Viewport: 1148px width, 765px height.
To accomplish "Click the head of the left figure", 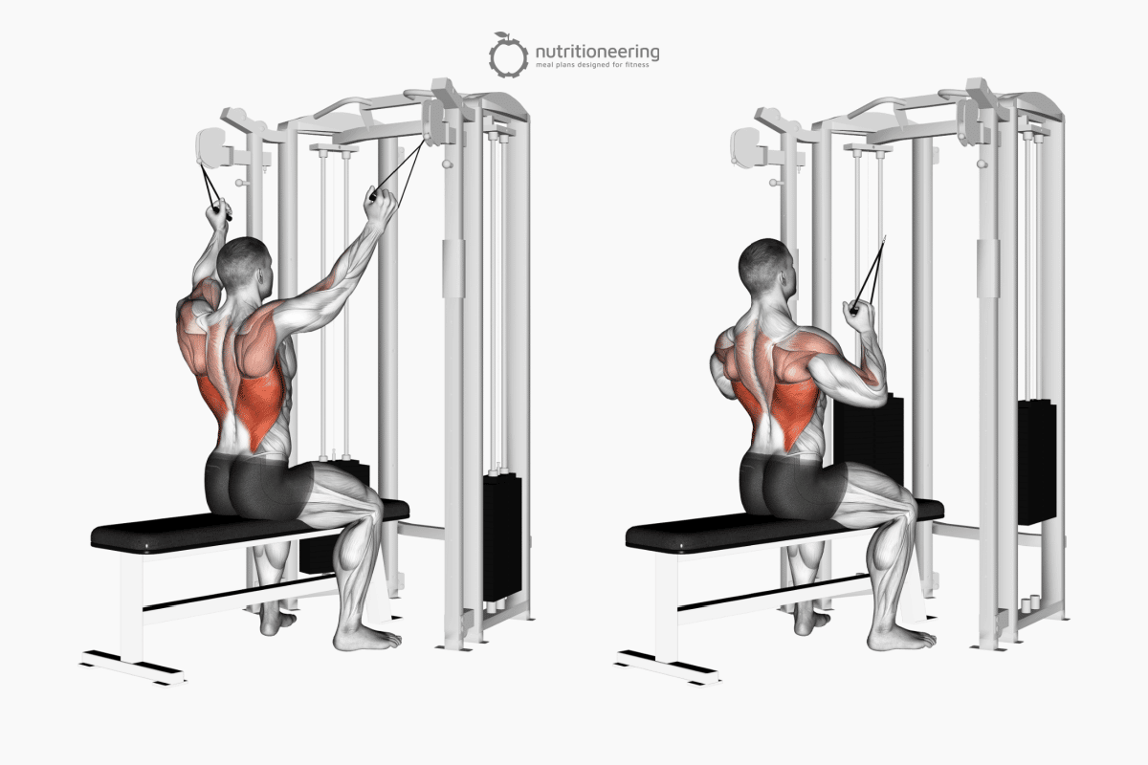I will pyautogui.click(x=243, y=262).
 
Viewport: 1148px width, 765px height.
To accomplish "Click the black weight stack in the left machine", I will pyautogui.click(x=502, y=535).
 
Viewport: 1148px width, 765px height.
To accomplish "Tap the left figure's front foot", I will pyautogui.click(x=368, y=639).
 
